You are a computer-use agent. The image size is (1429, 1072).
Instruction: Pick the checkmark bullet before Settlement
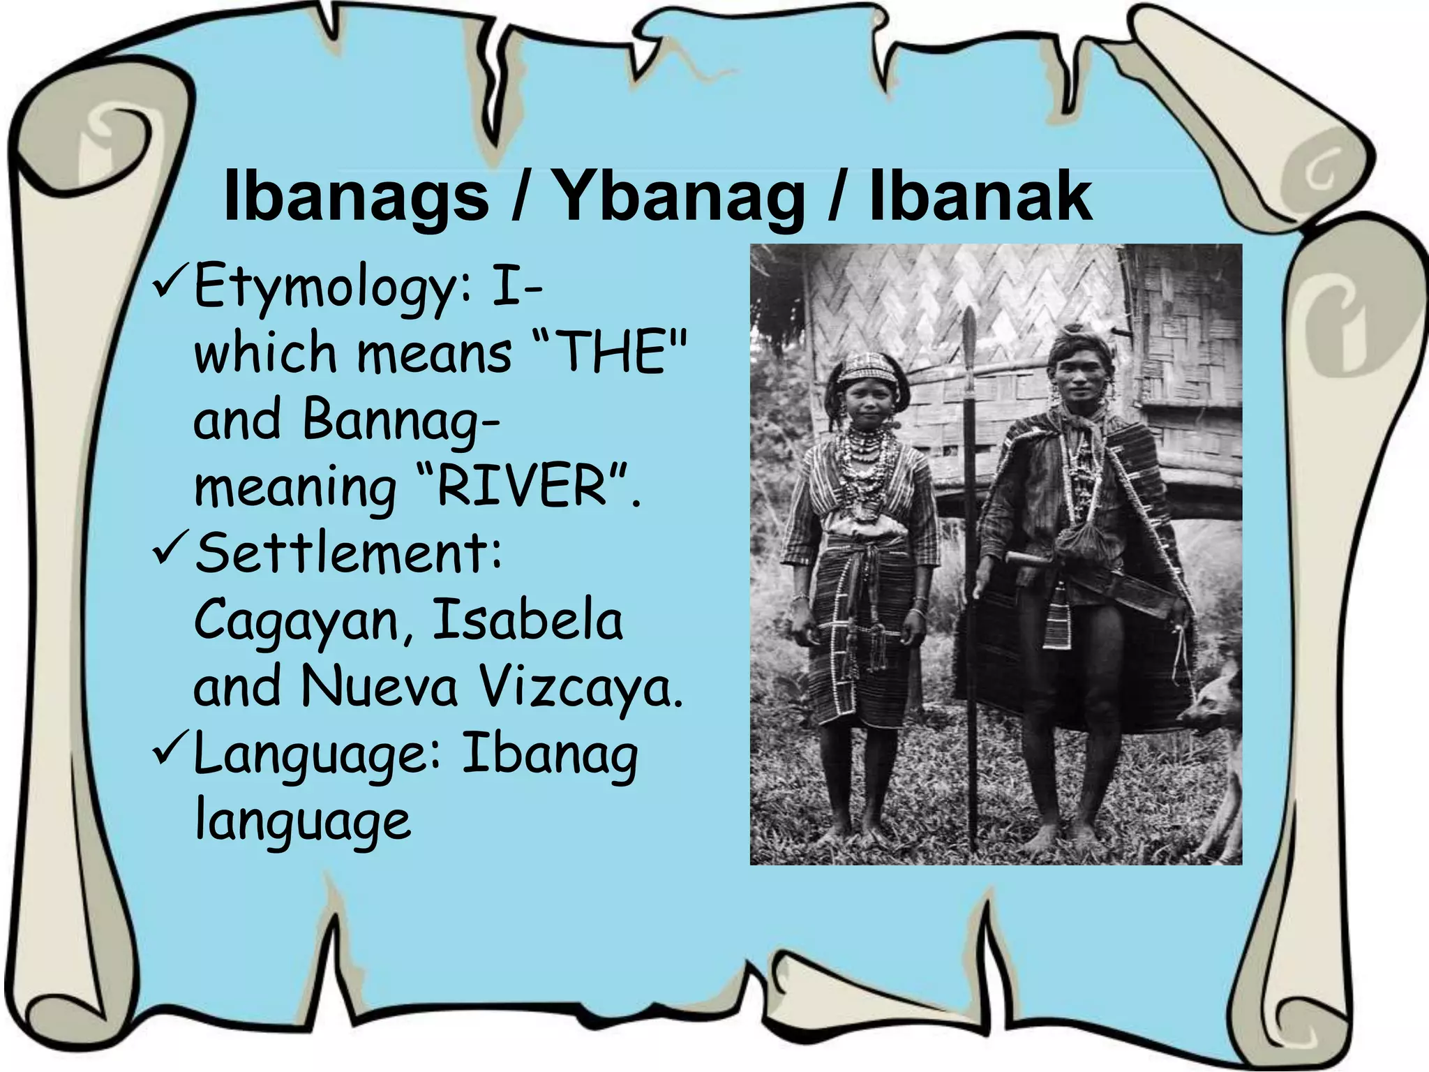pos(167,551)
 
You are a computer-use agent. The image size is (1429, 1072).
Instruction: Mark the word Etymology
pos(324,288)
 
